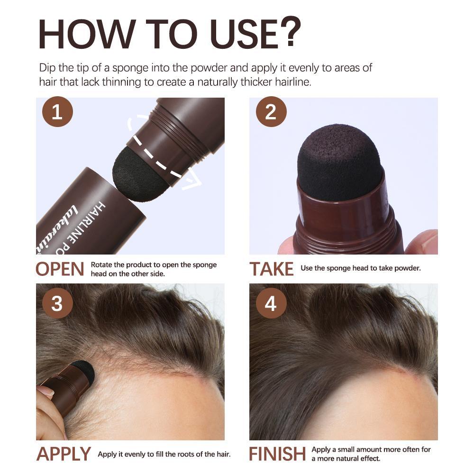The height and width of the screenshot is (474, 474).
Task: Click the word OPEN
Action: click(x=60, y=269)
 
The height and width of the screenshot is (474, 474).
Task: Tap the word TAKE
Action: click(x=272, y=269)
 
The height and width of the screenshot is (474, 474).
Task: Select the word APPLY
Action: click(x=64, y=454)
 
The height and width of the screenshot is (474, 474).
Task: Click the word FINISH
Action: click(x=277, y=454)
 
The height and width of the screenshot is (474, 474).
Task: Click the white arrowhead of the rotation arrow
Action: click(x=192, y=182)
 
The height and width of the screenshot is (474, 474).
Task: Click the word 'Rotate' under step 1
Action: click(x=102, y=264)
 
